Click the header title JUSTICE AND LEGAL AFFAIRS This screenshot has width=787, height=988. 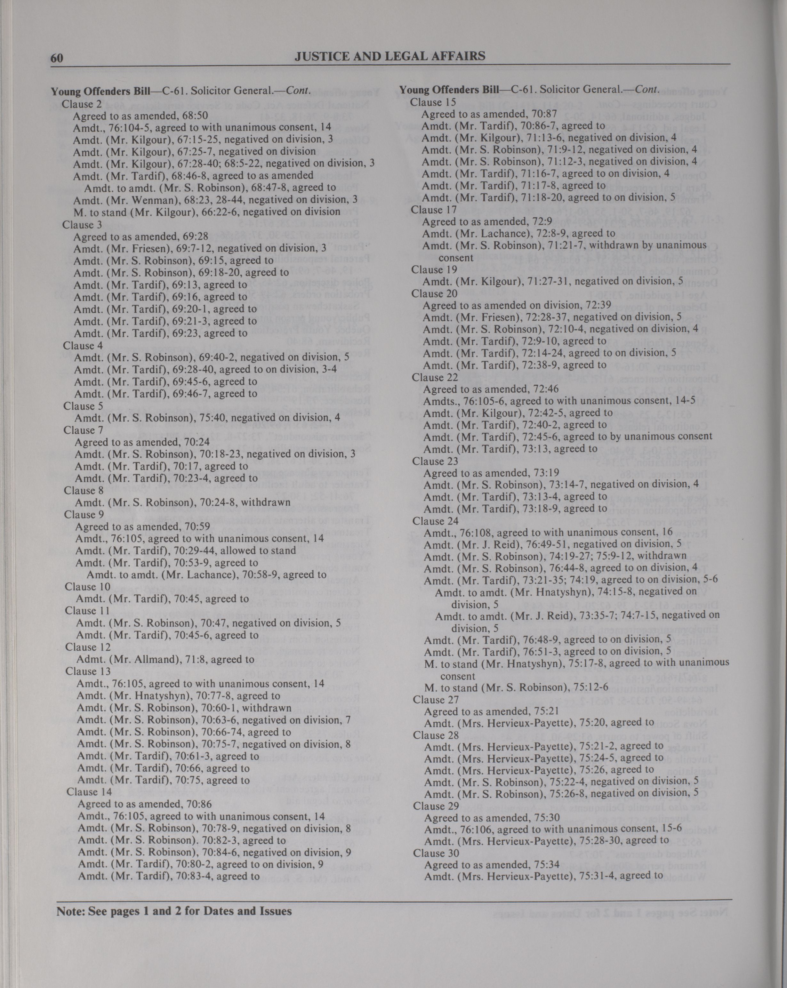pos(390,56)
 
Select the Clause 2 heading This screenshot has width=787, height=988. pos(78,104)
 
